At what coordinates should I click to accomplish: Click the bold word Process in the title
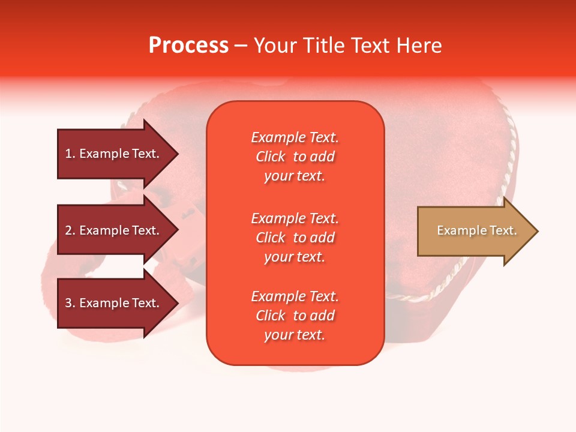pyautogui.click(x=188, y=46)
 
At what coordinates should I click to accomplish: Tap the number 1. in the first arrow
pyautogui.click(x=70, y=154)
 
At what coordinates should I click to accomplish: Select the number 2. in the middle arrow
pyautogui.click(x=70, y=230)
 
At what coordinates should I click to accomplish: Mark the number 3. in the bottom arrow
pyautogui.click(x=70, y=303)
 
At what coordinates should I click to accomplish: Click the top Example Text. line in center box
pyautogui.click(x=295, y=137)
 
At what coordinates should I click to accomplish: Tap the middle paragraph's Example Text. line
pyautogui.click(x=295, y=218)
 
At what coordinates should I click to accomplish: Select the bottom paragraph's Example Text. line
pyautogui.click(x=295, y=296)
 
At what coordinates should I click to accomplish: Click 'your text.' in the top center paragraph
pyautogui.click(x=294, y=176)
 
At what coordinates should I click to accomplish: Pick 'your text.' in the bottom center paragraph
pyautogui.click(x=294, y=335)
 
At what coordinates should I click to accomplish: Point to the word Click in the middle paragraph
pyautogui.click(x=271, y=238)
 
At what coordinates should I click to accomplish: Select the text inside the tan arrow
pyautogui.click(x=476, y=230)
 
